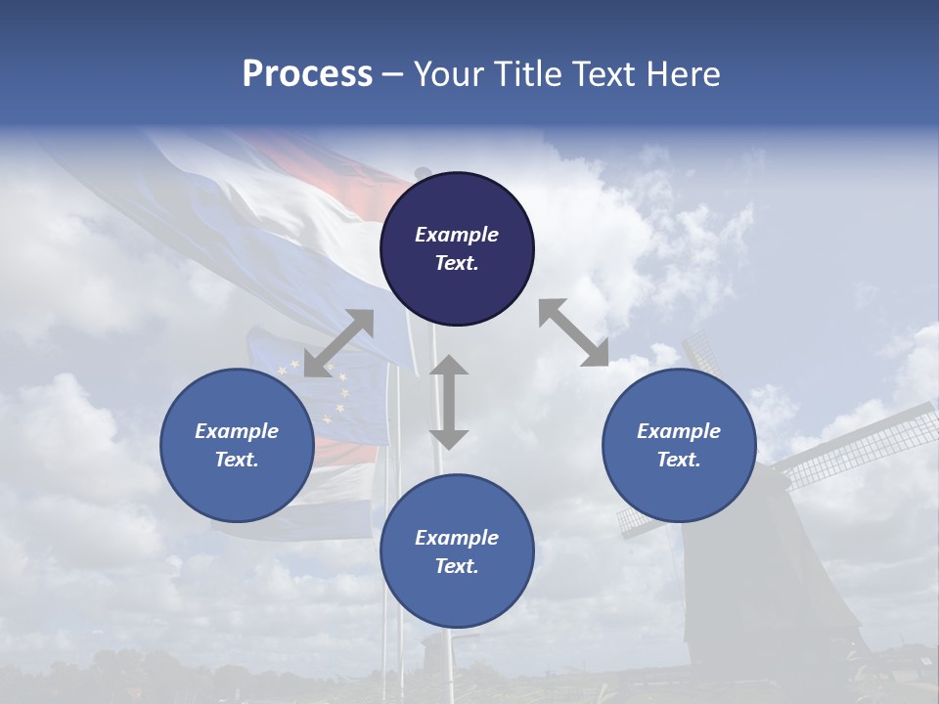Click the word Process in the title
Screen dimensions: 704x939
[307, 74]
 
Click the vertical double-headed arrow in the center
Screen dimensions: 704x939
[449, 402]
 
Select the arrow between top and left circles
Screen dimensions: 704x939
[338, 343]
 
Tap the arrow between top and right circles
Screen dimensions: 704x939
[573, 332]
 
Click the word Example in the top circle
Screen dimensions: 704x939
[457, 235]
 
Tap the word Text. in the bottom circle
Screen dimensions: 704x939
[457, 566]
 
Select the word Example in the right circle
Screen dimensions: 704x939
[679, 431]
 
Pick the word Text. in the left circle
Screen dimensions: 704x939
[237, 460]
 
